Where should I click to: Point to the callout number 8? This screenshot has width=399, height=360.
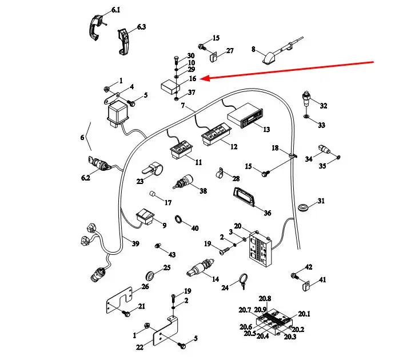click(x=253, y=50)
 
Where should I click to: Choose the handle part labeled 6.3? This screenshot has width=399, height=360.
click(x=123, y=40)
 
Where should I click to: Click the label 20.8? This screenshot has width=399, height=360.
click(x=265, y=298)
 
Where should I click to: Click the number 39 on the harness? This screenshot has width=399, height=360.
click(x=135, y=244)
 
